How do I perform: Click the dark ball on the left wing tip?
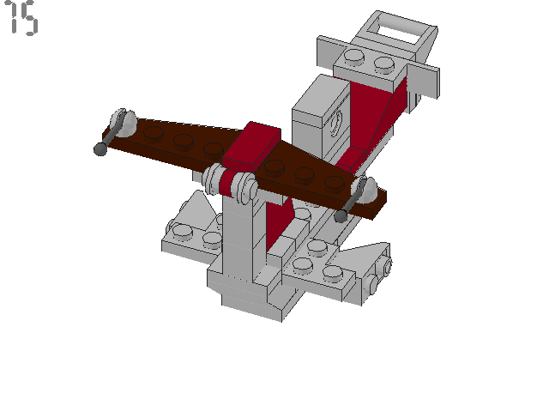pyautogui.click(x=100, y=149)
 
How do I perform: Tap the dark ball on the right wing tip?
pyautogui.click(x=341, y=216)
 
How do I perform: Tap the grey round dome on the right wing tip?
pyautogui.click(x=369, y=190)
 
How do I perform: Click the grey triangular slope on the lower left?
pyautogui.click(x=194, y=211)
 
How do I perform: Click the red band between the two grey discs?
pyautogui.click(x=230, y=185)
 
